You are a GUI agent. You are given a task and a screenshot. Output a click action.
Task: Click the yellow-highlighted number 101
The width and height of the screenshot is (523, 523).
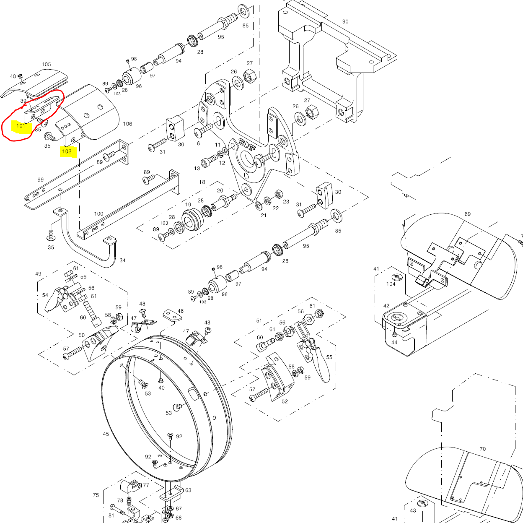[21, 125]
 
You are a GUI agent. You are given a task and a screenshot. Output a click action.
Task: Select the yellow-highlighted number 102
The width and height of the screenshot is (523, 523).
[67, 151]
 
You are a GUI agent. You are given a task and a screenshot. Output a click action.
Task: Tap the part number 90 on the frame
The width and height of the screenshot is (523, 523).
[345, 21]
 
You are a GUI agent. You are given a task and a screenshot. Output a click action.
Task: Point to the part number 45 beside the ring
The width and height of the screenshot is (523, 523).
[106, 434]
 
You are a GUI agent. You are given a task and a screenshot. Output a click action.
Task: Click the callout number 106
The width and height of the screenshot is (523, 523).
[127, 124]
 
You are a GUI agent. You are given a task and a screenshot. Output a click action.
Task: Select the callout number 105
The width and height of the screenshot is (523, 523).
[46, 65]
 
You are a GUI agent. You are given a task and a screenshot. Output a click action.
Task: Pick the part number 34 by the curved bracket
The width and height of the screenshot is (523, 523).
[122, 260]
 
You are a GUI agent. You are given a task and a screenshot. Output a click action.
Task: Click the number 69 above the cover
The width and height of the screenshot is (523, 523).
[468, 214]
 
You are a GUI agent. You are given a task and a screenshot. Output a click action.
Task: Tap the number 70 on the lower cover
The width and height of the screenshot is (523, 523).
[483, 449]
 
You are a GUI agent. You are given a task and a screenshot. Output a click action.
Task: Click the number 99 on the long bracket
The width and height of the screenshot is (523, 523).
[40, 180]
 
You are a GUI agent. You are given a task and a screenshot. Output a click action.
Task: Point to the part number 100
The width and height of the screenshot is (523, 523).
[98, 213]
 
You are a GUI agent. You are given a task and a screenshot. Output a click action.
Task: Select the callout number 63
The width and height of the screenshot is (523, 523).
[188, 490]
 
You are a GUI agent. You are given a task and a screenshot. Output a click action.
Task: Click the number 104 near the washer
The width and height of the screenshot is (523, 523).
[391, 284]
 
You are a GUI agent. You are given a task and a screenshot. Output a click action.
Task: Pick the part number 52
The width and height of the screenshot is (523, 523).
[285, 401]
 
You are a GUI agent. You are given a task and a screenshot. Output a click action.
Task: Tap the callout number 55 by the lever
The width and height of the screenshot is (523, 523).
[329, 357]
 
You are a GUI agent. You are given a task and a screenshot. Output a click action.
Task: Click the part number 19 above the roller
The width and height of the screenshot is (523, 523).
[188, 205]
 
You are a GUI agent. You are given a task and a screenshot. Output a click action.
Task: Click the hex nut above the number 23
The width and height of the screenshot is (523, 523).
[278, 194]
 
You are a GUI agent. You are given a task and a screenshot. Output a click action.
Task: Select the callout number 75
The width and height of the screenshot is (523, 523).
[96, 495]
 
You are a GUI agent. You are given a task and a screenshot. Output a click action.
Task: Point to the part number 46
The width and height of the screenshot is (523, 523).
[180, 311]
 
